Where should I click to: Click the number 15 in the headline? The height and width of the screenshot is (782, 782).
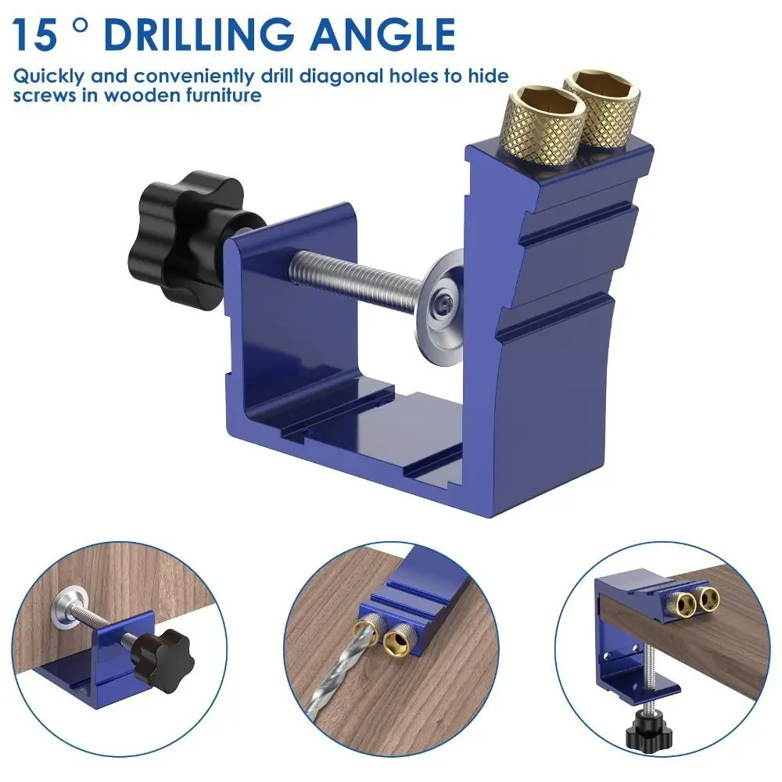pyautogui.click(x=36, y=35)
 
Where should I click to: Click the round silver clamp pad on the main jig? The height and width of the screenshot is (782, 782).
pyautogui.click(x=450, y=301)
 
